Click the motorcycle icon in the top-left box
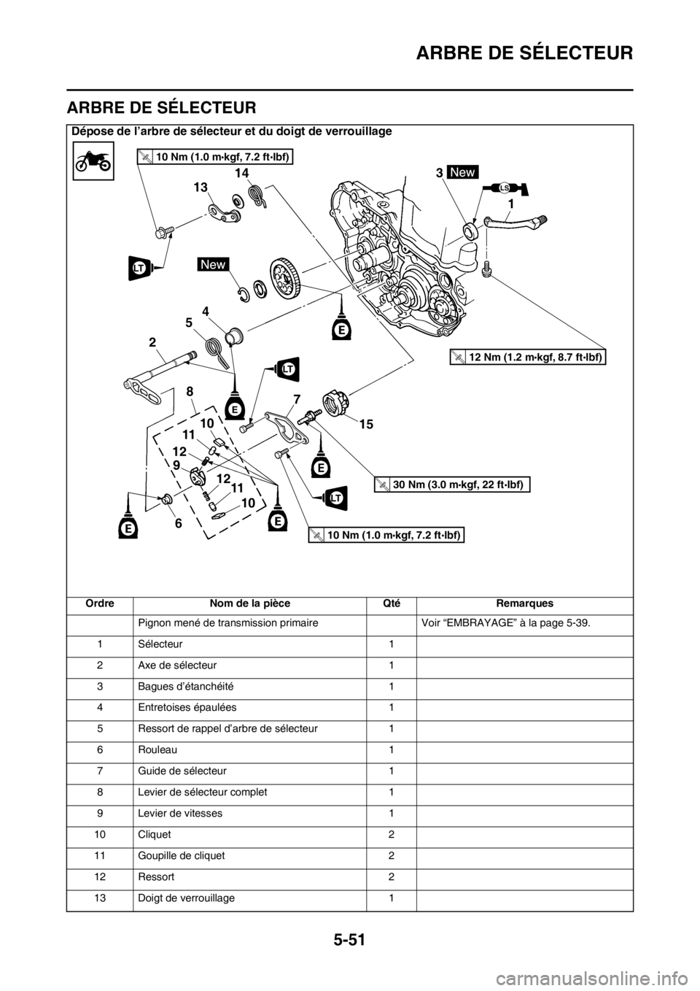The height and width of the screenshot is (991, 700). (93, 161)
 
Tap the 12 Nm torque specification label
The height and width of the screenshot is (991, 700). (528, 357)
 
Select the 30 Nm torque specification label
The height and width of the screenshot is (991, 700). (452, 485)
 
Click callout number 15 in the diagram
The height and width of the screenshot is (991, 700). (366, 424)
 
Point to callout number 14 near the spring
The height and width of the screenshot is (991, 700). (242, 172)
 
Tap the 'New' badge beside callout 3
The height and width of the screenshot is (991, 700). (463, 172)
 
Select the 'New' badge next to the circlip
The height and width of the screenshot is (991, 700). (213, 265)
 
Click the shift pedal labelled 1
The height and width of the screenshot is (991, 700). (515, 221)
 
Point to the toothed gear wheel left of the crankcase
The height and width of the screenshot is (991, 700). (286, 279)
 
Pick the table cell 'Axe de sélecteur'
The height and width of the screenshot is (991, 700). (177, 665)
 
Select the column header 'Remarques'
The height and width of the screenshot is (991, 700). (524, 604)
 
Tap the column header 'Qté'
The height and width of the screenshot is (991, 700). (391, 604)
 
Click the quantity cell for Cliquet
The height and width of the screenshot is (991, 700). (391, 834)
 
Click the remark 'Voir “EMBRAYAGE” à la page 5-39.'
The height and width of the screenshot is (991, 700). (505, 623)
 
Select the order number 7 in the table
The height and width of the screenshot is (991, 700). (100, 771)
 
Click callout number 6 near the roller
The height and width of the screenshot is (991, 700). (178, 523)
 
